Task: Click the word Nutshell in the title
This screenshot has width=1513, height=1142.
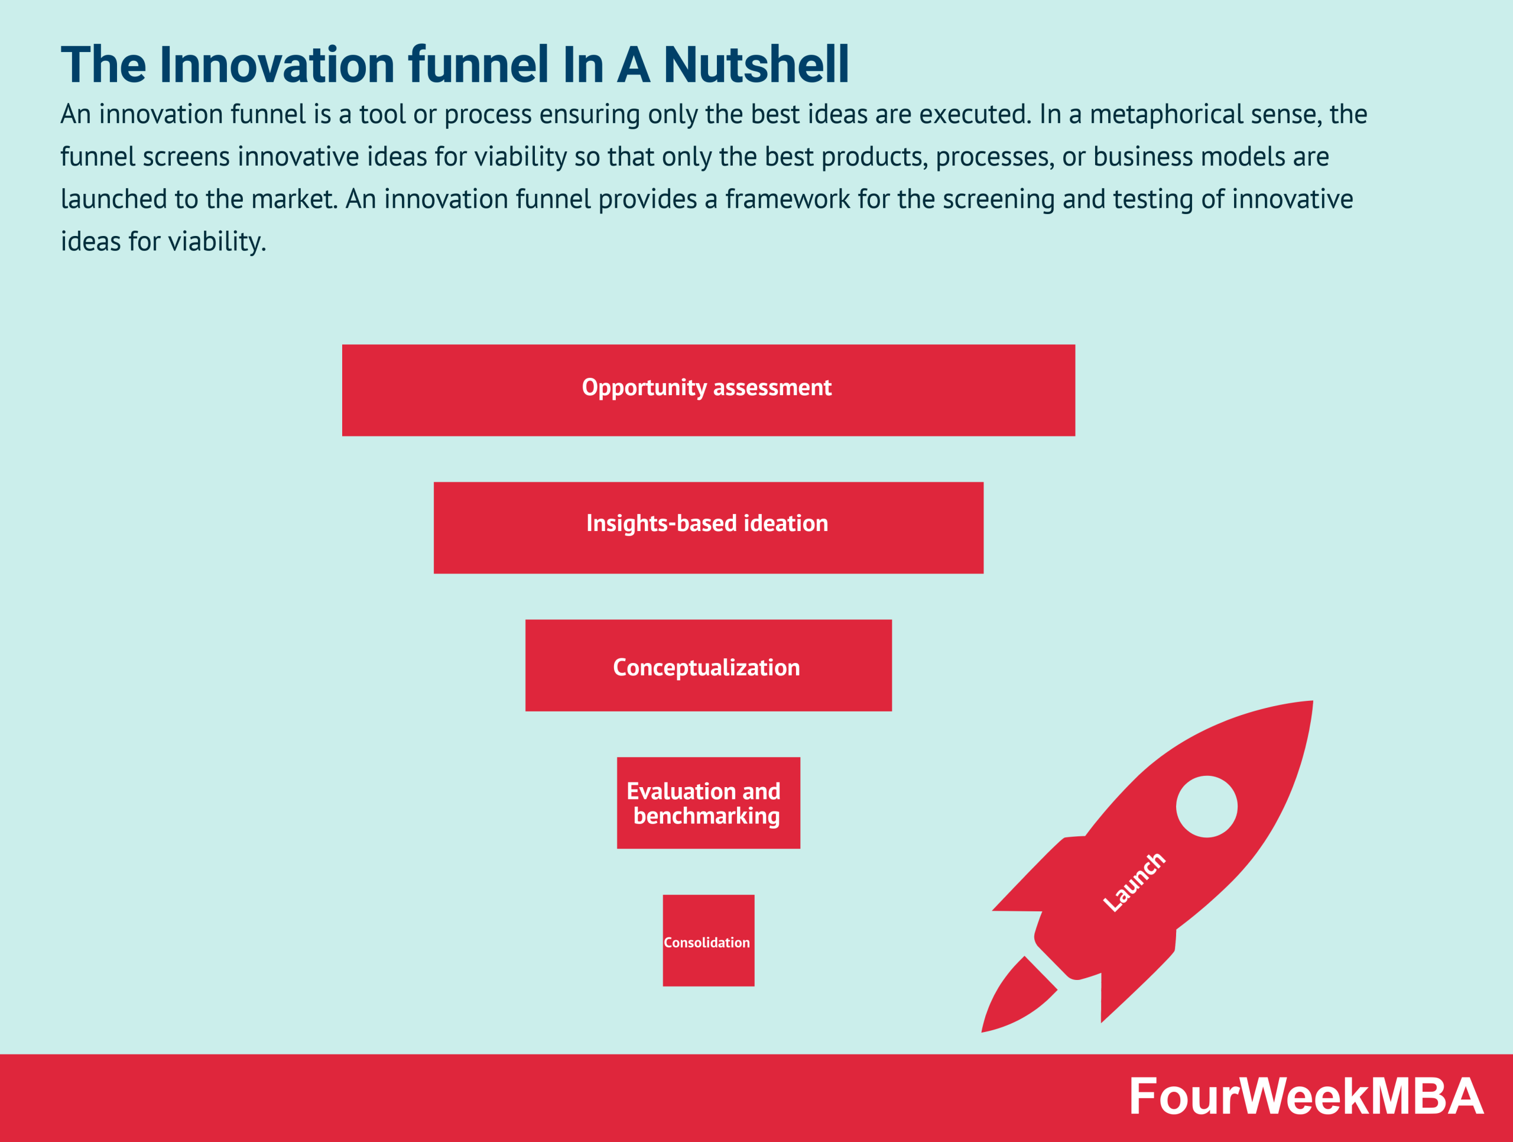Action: click(x=756, y=65)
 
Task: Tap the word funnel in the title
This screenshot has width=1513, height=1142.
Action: click(x=478, y=65)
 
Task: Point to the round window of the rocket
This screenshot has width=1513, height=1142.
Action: click(x=1207, y=806)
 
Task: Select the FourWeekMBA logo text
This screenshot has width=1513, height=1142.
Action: click(x=1305, y=1096)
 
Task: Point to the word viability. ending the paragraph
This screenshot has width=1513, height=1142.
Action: click(x=217, y=241)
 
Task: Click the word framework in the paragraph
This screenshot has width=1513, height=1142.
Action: click(x=787, y=199)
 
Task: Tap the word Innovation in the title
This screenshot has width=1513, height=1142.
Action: click(x=277, y=65)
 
